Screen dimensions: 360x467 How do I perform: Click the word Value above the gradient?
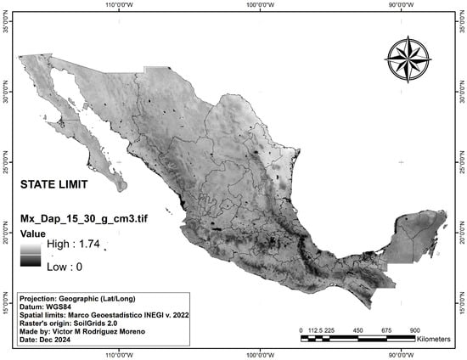tap(35, 231)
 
